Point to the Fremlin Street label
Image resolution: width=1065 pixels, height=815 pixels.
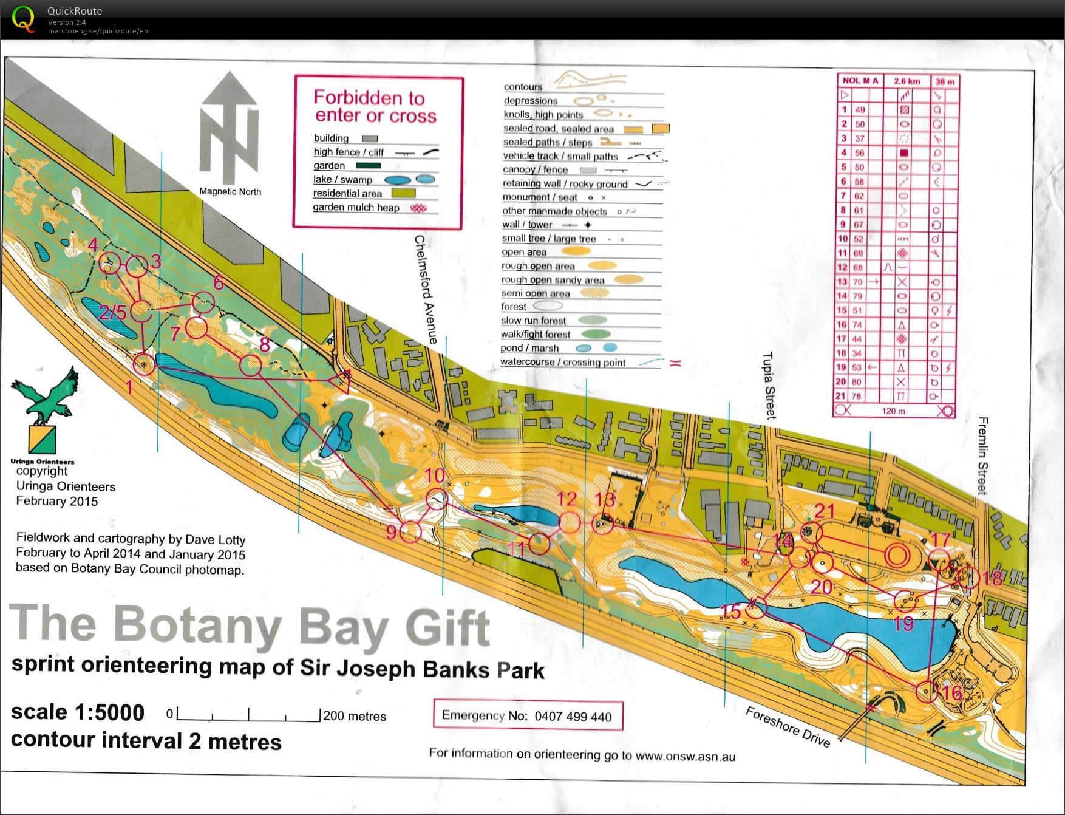[983, 455]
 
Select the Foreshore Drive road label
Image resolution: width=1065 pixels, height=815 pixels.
[788, 726]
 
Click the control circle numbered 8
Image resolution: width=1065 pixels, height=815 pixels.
[250, 366]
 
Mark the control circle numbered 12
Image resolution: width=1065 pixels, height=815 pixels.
[569, 522]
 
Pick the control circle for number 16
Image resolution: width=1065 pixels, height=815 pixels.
[927, 692]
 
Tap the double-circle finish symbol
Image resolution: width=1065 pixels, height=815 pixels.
[897, 555]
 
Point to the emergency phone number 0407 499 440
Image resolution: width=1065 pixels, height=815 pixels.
[573, 717]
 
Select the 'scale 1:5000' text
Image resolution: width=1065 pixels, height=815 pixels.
[78, 712]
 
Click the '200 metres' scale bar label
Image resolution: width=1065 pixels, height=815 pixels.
[355, 716]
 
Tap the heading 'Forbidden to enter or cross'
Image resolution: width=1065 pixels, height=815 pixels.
[375, 106]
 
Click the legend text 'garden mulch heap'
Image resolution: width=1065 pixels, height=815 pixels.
[356, 207]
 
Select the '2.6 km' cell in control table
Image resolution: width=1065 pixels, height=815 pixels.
[907, 81]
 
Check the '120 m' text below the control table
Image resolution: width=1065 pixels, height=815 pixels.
[893, 411]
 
